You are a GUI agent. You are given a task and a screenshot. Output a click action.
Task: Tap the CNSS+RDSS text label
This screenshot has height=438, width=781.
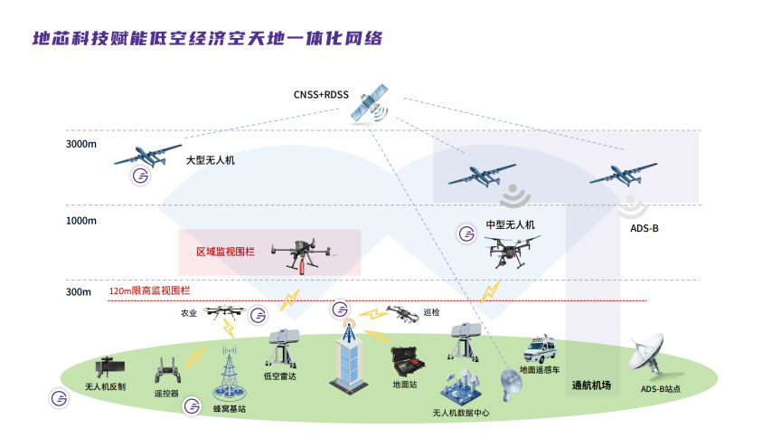[320, 94]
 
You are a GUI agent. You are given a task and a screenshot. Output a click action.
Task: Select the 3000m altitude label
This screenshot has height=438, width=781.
[80, 144]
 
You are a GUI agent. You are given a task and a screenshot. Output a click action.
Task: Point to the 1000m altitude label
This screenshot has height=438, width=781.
[80, 221]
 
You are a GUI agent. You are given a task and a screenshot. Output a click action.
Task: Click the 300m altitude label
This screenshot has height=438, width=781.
[78, 291]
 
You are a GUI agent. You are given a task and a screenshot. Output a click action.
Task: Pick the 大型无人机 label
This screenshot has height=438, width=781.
[210, 160]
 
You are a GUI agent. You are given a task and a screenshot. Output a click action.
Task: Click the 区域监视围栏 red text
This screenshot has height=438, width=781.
[225, 252]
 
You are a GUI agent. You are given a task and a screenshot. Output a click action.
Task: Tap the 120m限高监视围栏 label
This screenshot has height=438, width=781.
[149, 291]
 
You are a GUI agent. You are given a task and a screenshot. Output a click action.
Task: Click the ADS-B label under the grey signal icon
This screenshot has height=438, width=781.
[645, 228]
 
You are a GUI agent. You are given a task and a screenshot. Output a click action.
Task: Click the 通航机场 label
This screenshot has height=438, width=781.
[591, 386]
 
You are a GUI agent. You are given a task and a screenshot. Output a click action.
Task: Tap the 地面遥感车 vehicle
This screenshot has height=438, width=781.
[542, 349]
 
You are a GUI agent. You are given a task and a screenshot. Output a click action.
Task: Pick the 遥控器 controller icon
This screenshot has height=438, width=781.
[165, 372]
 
